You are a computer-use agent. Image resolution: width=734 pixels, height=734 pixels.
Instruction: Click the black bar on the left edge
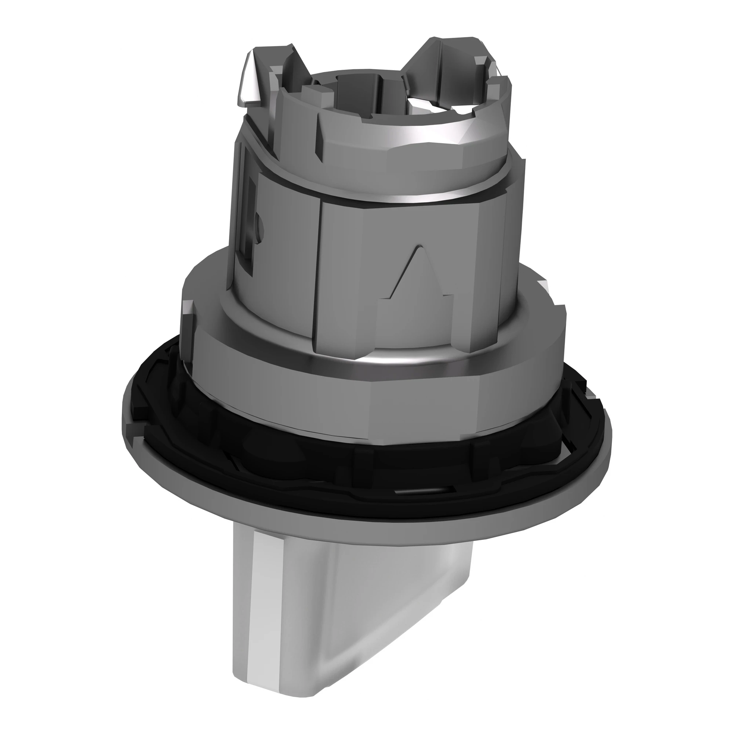pos(46,367)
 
